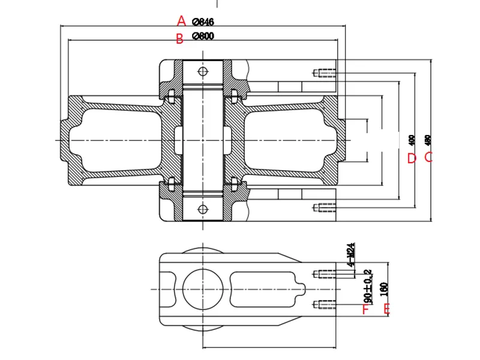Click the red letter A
tap(181, 21)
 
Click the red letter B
tap(179, 39)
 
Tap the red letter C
tap(429, 157)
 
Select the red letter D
tap(412, 158)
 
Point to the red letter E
tap(387, 309)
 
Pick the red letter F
tap(364, 310)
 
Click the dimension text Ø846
tap(203, 22)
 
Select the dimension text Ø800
tap(203, 36)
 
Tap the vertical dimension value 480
tap(428, 140)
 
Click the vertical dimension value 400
tap(411, 140)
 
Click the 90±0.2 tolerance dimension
tap(367, 286)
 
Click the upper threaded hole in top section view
tap(325, 74)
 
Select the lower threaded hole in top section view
tap(325, 208)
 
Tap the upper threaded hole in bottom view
tap(325, 274)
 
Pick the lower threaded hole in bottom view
tap(325, 304)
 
